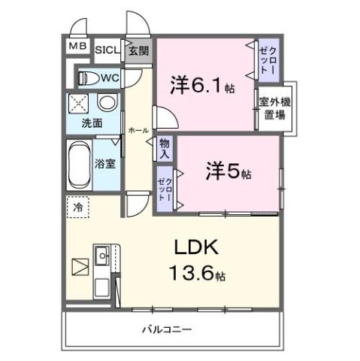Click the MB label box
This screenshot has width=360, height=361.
point(77,47)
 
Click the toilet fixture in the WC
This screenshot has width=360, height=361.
point(87,77)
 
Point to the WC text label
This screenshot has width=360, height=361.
point(110,77)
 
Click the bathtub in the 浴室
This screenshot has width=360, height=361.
point(79,161)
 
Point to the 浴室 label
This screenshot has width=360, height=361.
point(104,162)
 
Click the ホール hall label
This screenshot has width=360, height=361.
point(138,130)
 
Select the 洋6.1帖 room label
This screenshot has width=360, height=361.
point(202,85)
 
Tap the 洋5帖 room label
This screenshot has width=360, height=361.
point(228,172)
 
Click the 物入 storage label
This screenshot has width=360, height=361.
point(165,147)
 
